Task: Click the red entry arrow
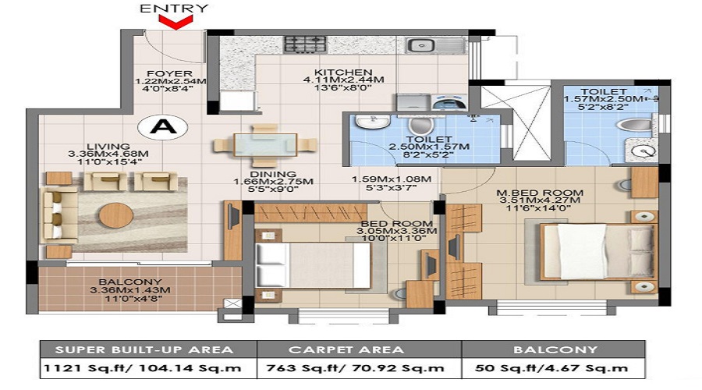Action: click(176, 22)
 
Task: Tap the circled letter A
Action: click(163, 126)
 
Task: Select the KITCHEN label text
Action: click(343, 72)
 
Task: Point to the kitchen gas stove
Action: click(305, 44)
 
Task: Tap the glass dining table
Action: click(265, 145)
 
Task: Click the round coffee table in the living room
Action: click(116, 215)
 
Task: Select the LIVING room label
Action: click(108, 147)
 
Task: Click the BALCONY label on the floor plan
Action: click(130, 282)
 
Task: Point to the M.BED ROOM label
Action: click(540, 193)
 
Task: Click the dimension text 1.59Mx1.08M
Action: click(392, 179)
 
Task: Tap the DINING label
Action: click(273, 174)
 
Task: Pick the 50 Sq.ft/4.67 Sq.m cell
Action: click(553, 368)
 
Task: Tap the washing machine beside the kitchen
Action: click(449, 103)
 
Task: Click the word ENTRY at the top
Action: click(174, 8)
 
